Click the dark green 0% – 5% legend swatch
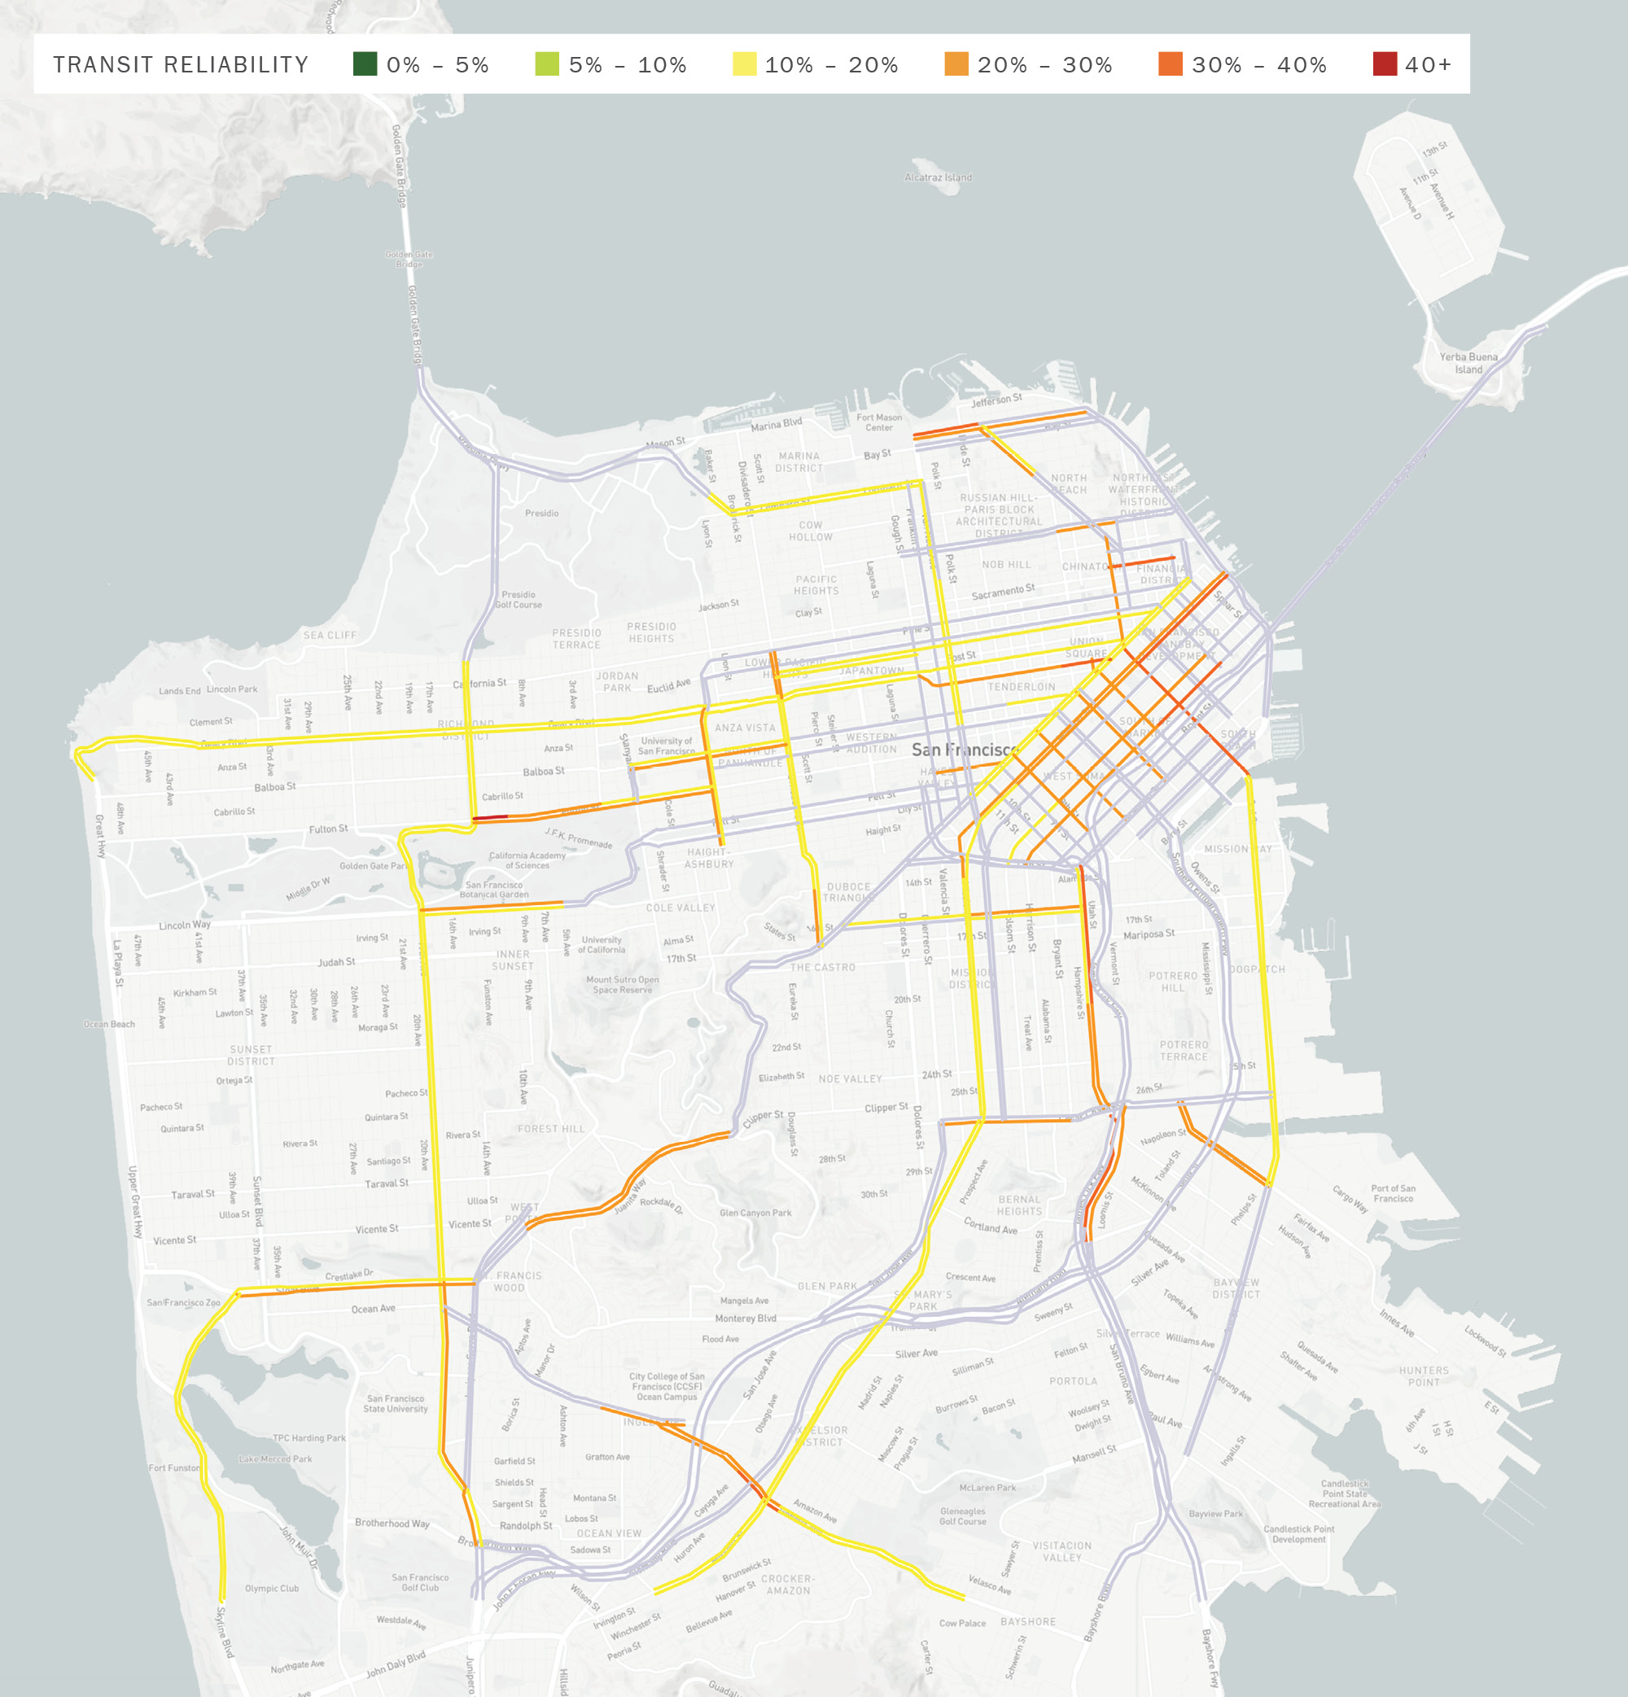pyautogui.click(x=365, y=64)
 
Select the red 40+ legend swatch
pyautogui.click(x=1385, y=64)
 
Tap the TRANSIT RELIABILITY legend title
pyautogui.click(x=180, y=65)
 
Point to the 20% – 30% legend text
pyautogui.click(x=1044, y=65)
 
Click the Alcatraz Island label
pyautogui.click(x=938, y=177)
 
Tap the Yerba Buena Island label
pyautogui.click(x=1468, y=363)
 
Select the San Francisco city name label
pyautogui.click(x=964, y=750)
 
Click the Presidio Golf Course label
pyautogui.click(x=518, y=599)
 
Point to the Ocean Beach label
pyautogui.click(x=109, y=1024)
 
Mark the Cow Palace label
pyautogui.click(x=962, y=1624)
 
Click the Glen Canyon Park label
pyautogui.click(x=755, y=1213)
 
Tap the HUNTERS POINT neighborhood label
pyautogui.click(x=1424, y=1376)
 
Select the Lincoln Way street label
pyautogui.click(x=185, y=925)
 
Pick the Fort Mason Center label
pyautogui.click(x=879, y=422)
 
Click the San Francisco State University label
pyautogui.click(x=395, y=1403)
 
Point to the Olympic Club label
pyautogui.click(x=271, y=1589)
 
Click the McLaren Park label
pyautogui.click(x=987, y=1488)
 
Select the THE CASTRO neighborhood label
pyautogui.click(x=822, y=967)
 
